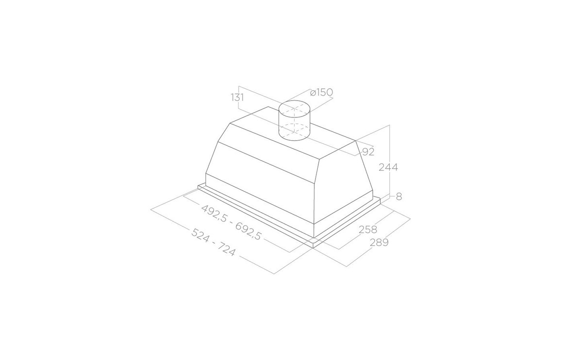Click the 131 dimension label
click(x=237, y=98)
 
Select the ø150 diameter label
click(x=321, y=92)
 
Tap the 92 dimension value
click(x=368, y=152)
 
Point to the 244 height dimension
click(x=388, y=167)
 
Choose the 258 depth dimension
click(x=368, y=229)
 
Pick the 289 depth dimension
click(x=379, y=242)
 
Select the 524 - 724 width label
click(x=214, y=242)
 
